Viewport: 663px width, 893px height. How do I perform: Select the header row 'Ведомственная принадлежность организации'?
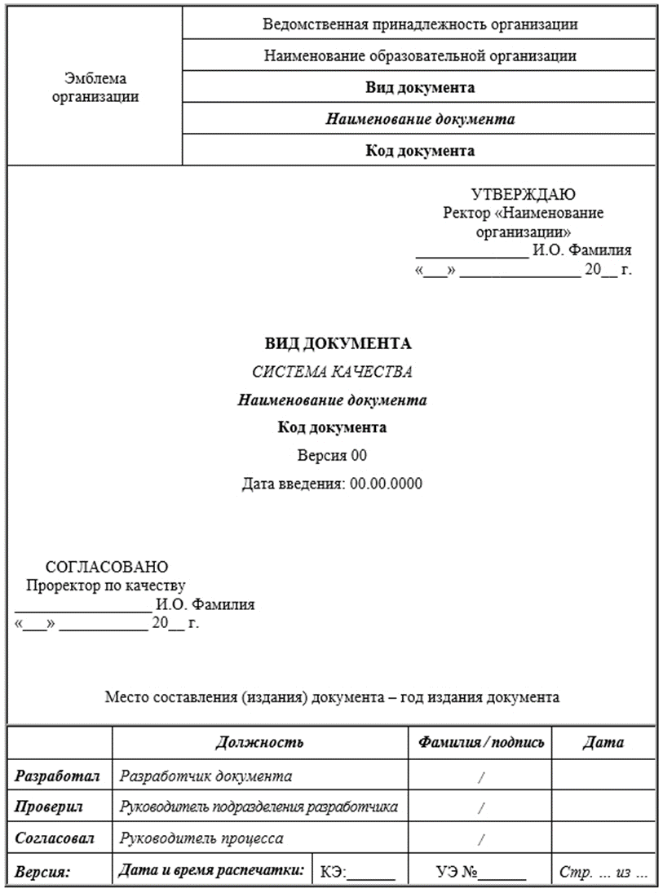(420, 24)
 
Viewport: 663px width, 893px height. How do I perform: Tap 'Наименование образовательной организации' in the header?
(420, 56)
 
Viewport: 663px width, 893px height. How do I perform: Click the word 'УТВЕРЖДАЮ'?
(524, 194)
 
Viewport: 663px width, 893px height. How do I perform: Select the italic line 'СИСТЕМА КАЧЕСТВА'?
(332, 372)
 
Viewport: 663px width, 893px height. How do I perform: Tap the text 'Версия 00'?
(332, 455)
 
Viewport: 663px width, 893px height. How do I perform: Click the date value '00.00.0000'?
(386, 484)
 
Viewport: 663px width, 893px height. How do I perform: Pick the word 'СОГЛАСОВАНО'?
(107, 566)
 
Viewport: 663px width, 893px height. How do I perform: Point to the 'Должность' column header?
(259, 742)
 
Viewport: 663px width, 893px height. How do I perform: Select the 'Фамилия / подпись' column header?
(481, 742)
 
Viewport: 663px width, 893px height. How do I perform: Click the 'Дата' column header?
(603, 742)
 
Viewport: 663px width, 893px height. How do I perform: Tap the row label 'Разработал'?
(57, 776)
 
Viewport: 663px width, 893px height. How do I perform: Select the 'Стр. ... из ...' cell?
(603, 873)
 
